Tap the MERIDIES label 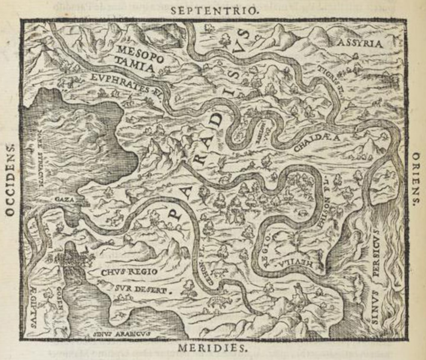click(214, 348)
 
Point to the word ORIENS click(416, 179)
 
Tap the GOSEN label click(64, 298)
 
